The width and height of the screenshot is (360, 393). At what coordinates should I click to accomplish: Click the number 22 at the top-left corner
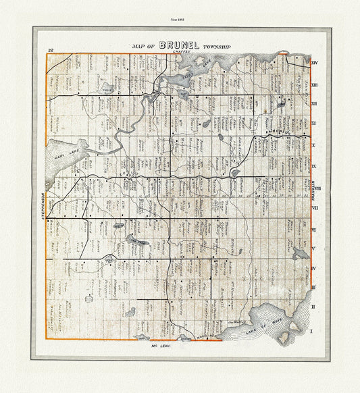[51, 51]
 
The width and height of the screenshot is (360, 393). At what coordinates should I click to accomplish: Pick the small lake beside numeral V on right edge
[299, 253]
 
